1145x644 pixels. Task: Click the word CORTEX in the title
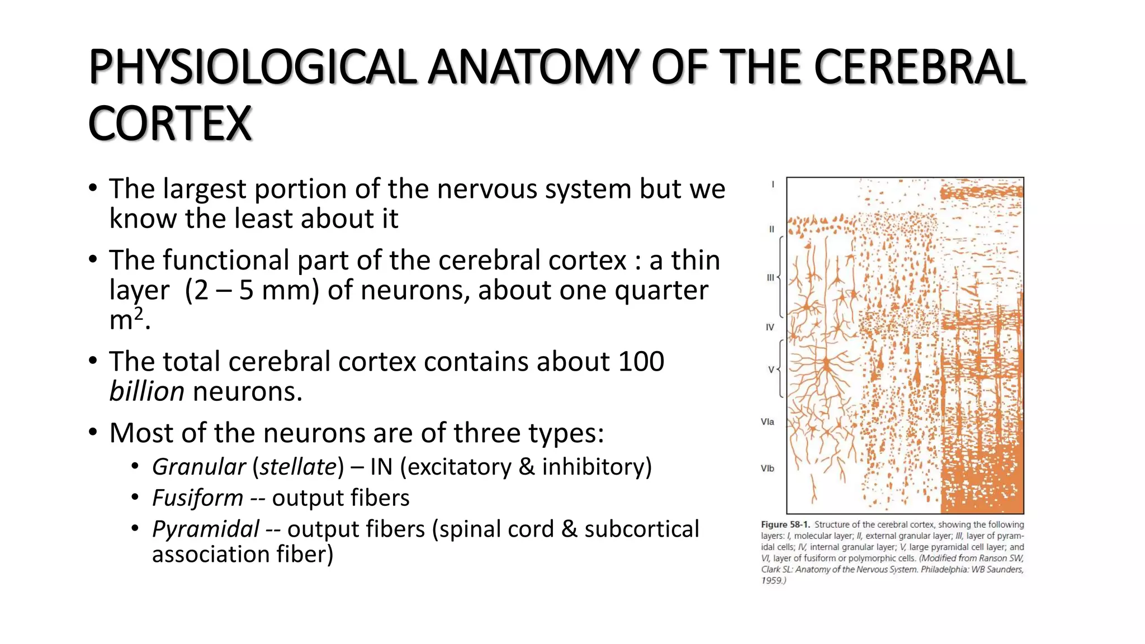tap(170, 124)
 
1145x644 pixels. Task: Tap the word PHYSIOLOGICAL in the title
tap(253, 67)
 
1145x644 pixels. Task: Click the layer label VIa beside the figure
tap(767, 422)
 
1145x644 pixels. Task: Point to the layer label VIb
tap(767, 468)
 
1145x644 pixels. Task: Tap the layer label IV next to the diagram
tap(770, 327)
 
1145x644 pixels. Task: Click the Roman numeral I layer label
tap(773, 184)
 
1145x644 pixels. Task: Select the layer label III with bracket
tap(770, 277)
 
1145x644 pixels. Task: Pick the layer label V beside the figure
tap(771, 370)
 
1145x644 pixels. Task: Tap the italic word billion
tap(146, 391)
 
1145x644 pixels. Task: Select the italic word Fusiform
tap(197, 498)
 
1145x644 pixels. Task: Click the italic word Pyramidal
tap(205, 529)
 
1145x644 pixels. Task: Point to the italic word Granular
tap(199, 467)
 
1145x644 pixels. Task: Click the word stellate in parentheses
tap(298, 467)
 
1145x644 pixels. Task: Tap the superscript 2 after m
tap(139, 312)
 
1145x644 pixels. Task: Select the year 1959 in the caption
tap(771, 580)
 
